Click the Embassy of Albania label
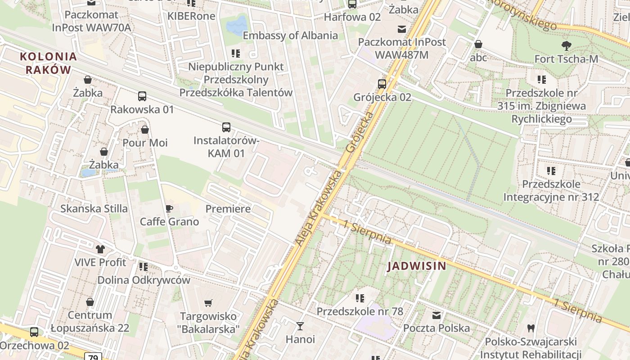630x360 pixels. coord(290,36)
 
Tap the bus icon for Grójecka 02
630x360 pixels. coord(382,84)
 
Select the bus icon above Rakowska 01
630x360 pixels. coord(142,96)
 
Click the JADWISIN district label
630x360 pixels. coord(417,266)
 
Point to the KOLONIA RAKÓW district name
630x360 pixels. coord(48,63)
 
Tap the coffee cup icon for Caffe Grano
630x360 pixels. coord(169,208)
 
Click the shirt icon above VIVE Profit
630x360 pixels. coord(100,249)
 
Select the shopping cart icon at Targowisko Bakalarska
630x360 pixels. coord(208,303)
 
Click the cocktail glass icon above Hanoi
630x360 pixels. coord(300,326)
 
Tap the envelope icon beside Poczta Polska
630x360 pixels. coord(436,315)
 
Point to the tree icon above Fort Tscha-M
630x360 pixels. coord(566,45)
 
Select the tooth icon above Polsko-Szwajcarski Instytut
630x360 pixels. coord(531,328)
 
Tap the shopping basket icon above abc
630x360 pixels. coord(478,44)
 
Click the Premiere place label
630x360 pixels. coord(228,209)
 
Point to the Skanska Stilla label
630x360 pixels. coord(94,209)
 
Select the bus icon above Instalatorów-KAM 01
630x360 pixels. coord(226,127)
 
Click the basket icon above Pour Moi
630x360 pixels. coord(144,130)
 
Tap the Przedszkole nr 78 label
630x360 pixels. coord(360,311)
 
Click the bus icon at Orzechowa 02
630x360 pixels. coord(34,332)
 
